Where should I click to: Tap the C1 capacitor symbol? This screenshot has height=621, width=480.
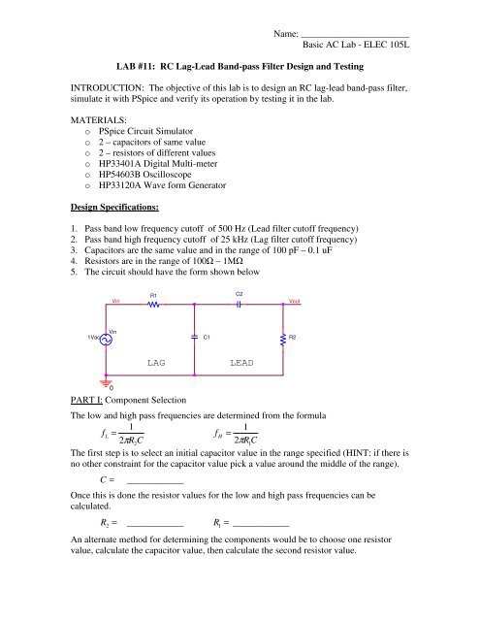tap(194, 337)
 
